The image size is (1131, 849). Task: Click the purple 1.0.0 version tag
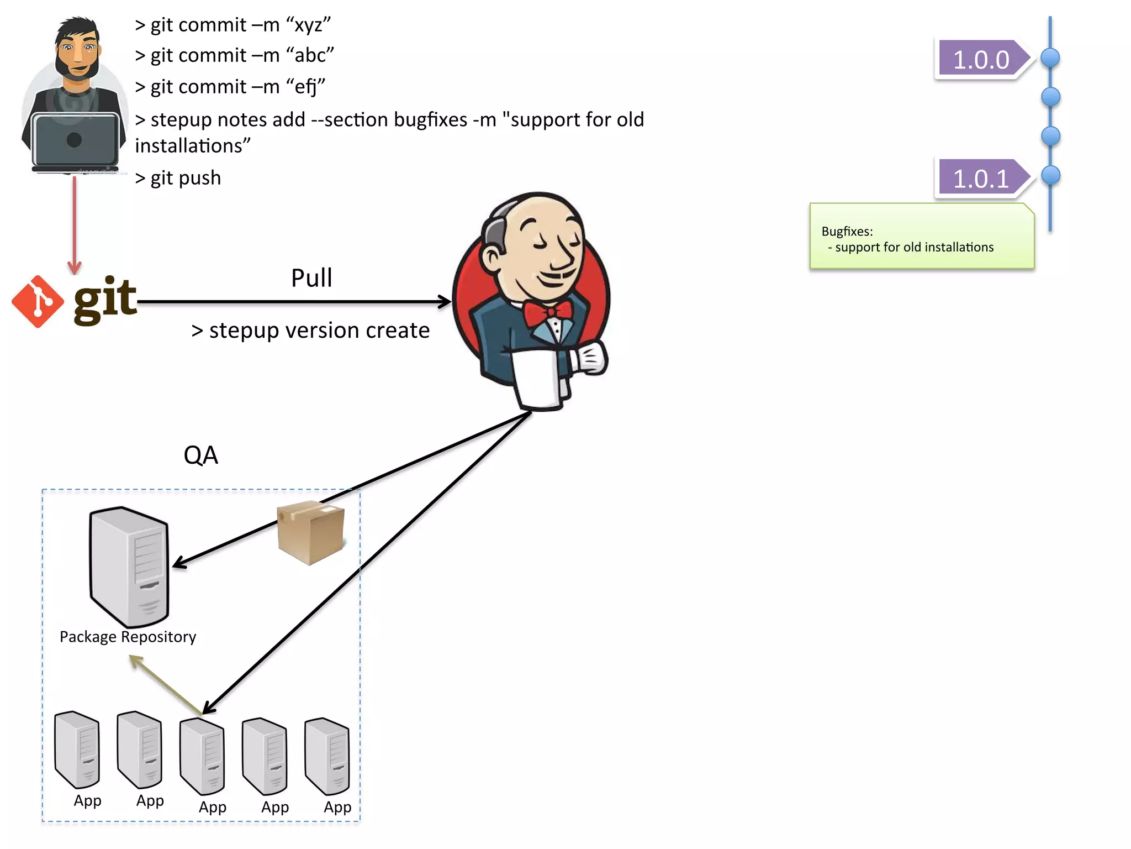coord(981,59)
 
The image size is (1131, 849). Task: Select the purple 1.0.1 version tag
coord(981,178)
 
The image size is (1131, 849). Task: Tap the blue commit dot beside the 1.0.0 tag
coord(1050,57)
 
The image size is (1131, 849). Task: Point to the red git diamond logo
coord(38,301)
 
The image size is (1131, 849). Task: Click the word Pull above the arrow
coord(311,278)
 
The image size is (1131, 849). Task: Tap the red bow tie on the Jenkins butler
coord(547,312)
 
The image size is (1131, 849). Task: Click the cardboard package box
coord(310,532)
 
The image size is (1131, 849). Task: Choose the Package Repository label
coord(128,637)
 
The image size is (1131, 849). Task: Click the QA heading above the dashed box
coord(200,455)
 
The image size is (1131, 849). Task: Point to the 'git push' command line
coord(178,178)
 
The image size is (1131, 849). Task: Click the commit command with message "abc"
coord(234,55)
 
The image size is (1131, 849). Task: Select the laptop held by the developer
coord(74,140)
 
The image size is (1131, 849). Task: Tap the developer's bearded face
coord(77,53)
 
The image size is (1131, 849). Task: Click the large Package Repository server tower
coord(129,567)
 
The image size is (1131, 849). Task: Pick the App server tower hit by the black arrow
coord(202,756)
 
